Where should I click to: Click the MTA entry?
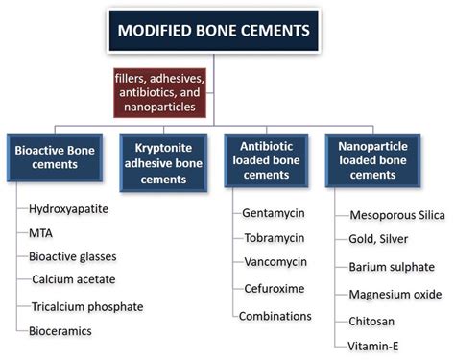[42, 233]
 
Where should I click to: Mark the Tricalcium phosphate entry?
[86, 306]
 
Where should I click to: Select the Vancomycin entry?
[272, 262]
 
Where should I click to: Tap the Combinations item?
[275, 315]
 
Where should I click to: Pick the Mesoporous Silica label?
[397, 215]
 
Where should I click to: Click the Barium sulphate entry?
[390, 267]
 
